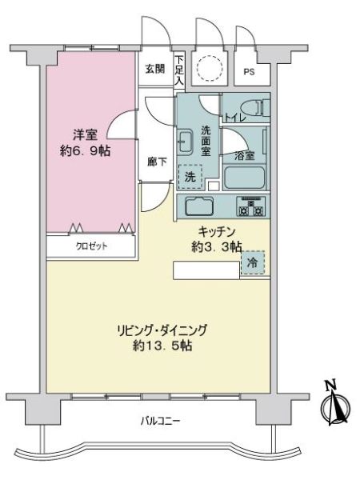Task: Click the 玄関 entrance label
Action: tap(155, 69)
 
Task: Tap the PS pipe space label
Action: tap(249, 72)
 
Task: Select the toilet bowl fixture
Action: tap(255, 108)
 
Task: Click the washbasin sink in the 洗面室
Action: tap(186, 142)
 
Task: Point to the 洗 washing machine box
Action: tap(190, 177)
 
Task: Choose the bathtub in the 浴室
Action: tap(244, 178)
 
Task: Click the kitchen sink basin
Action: tap(199, 206)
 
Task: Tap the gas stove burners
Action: tap(250, 206)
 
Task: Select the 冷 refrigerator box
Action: tap(253, 262)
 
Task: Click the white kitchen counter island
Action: tap(206, 270)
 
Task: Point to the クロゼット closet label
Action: tap(91, 246)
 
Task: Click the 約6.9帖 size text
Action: tap(85, 150)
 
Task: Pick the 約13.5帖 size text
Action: tap(162, 346)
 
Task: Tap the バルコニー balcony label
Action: tap(161, 421)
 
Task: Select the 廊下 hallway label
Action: tap(157, 162)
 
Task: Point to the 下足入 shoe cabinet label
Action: tap(179, 70)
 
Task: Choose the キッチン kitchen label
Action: tap(217, 231)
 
